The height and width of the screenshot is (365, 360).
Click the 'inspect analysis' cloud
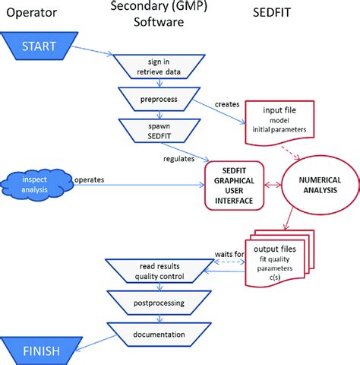(x=37, y=180)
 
